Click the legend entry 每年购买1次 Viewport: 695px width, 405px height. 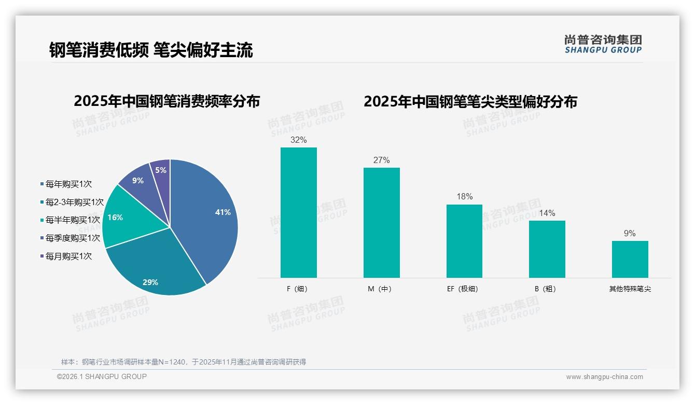click(x=68, y=184)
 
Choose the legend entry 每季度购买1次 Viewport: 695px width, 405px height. click(x=72, y=238)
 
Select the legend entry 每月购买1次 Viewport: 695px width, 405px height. click(x=68, y=256)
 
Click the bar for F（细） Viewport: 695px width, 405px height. click(x=298, y=213)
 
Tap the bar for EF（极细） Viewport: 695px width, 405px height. click(x=464, y=241)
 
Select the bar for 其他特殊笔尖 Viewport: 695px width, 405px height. click(x=630, y=259)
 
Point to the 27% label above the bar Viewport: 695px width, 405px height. click(x=381, y=160)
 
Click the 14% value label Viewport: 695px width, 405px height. click(x=547, y=213)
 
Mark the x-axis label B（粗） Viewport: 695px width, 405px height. click(x=547, y=289)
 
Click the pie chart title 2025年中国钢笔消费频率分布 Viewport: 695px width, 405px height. click(x=166, y=101)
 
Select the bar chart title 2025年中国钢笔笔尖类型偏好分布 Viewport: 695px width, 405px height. click(x=470, y=101)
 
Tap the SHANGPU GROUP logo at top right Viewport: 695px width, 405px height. click(x=603, y=44)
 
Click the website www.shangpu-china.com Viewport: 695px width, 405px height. click(x=604, y=377)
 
